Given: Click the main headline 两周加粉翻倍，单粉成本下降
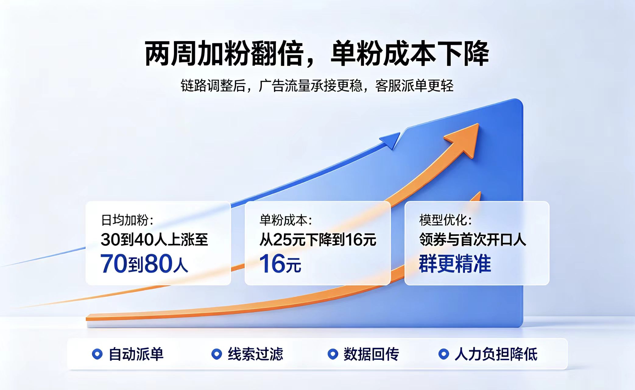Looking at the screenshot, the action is pos(317,54).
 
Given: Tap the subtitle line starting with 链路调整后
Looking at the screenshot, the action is pos(317,86).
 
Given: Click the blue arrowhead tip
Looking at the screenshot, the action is pos(400,133).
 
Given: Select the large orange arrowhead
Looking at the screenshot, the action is pos(464,139).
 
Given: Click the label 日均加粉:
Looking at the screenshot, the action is pos(127,220).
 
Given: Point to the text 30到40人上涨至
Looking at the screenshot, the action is pos(154,239).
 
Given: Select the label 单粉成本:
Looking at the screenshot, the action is pos(286,220).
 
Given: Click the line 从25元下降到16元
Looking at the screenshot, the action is pos(318,239).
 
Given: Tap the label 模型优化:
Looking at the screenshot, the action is pos(446,220).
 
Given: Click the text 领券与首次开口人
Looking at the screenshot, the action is pos(473,239).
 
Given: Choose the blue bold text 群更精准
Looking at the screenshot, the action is pos(455,264).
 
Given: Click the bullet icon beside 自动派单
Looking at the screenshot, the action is pos(97,354).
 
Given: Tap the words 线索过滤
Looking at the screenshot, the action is pos(256,354).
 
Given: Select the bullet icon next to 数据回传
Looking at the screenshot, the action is pos(333,354).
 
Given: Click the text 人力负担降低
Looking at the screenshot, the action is pos(496,354).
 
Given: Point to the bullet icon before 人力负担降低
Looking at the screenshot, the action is pos(444,354).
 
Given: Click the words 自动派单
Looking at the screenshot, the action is pos(136,354).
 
